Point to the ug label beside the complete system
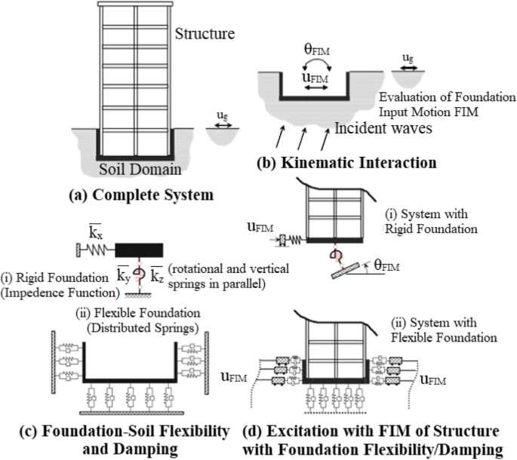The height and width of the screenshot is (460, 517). [224, 116]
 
